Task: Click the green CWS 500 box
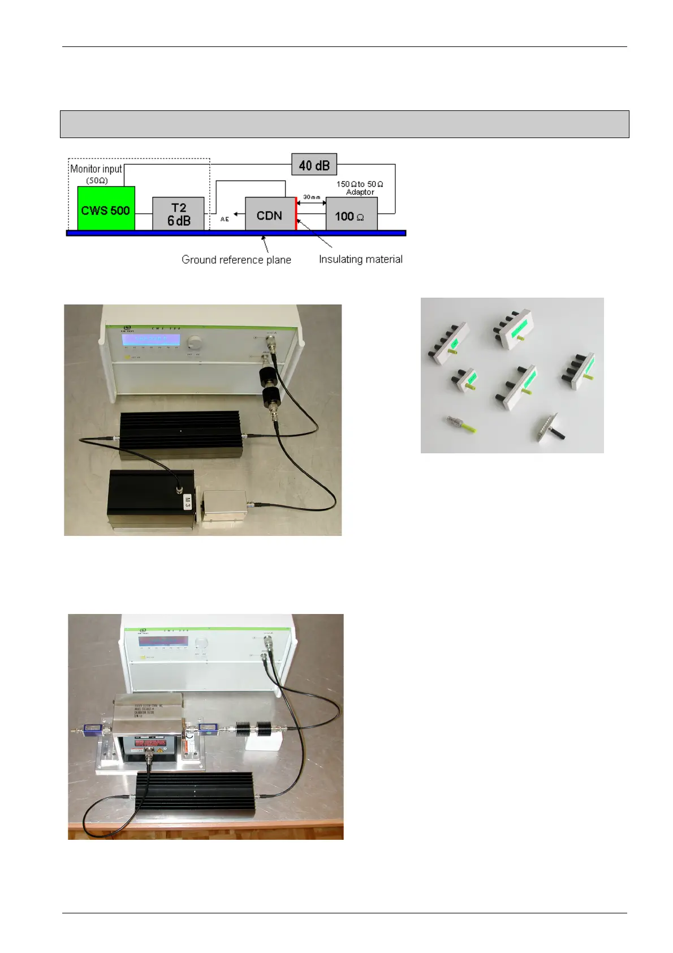(106, 208)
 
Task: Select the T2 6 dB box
(178, 214)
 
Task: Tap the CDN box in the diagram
(269, 214)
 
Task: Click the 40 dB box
(314, 165)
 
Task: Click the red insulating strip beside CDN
(296, 213)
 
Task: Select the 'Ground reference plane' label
(236, 260)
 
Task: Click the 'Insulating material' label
(360, 259)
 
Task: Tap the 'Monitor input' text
(96, 169)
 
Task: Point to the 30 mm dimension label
(311, 197)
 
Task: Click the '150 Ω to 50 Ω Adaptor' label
(360, 188)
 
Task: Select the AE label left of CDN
(225, 219)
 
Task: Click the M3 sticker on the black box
(188, 501)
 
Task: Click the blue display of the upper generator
(151, 339)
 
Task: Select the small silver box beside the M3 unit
(225, 508)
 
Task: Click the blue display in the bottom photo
(163, 642)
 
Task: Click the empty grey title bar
(344, 124)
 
